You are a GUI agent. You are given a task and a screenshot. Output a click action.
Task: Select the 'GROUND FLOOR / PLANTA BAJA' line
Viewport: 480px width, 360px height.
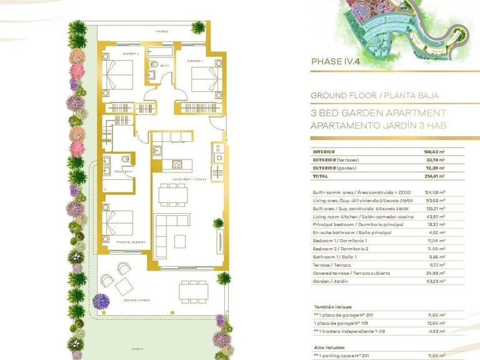click(374, 96)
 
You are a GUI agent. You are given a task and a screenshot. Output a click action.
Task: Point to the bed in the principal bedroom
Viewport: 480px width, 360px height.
click(118, 226)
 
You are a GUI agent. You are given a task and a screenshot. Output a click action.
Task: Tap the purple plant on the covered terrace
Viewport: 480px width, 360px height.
click(101, 301)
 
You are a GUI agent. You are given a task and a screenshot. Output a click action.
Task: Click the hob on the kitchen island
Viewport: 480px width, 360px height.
click(177, 164)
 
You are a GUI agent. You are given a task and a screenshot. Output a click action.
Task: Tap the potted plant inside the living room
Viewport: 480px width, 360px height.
click(218, 223)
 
